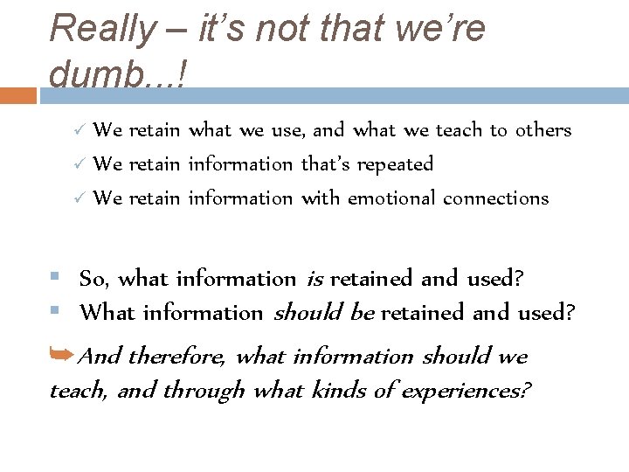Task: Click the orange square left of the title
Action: pos(18,95)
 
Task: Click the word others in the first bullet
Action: pos(543,130)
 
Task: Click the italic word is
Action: pos(314,280)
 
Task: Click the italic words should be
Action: pos(324,313)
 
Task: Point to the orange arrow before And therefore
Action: pos(63,354)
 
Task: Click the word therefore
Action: pos(177,357)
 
